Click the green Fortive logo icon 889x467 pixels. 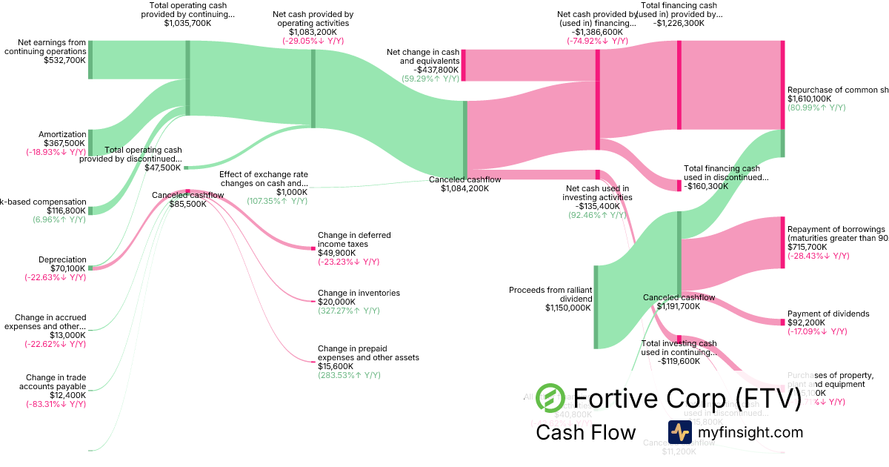pos(550,398)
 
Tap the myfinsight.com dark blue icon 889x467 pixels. pos(679,432)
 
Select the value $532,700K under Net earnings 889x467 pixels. pos(65,61)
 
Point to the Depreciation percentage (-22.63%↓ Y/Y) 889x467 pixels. pos(55,278)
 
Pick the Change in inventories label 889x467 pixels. pos(359,293)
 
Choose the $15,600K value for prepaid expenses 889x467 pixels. pos(336,366)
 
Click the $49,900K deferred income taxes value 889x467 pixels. pos(336,253)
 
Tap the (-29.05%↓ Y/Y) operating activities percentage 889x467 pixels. pos(313,42)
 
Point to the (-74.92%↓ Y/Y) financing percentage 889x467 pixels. pos(597,42)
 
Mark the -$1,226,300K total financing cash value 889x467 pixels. pos(679,23)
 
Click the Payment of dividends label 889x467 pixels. pos(828,314)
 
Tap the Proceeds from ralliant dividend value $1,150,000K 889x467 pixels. pos(568,308)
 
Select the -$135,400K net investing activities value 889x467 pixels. pos(597,207)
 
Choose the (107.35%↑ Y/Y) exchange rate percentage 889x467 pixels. pos(277,202)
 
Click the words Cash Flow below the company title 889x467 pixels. pos(586,432)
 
